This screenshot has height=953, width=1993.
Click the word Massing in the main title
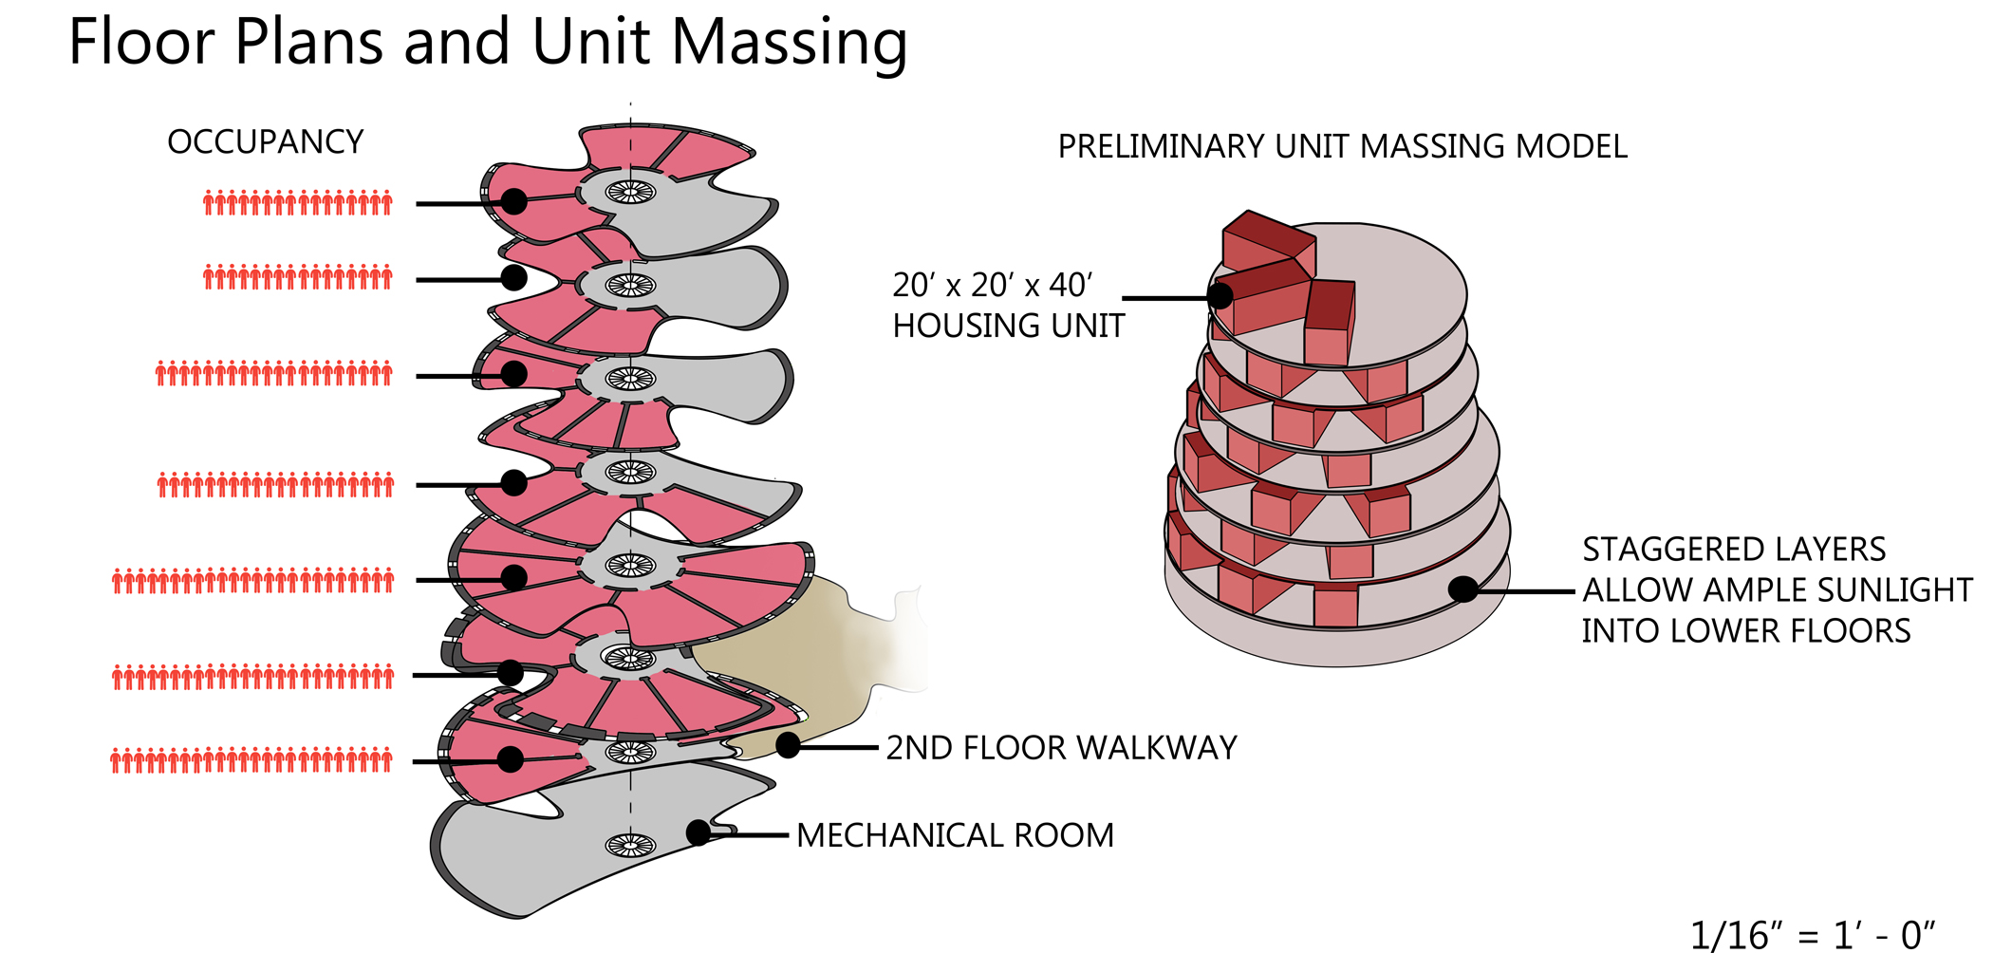click(x=789, y=44)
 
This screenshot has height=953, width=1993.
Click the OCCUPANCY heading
click(x=266, y=142)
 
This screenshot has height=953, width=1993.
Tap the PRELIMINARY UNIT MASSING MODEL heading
click(x=1342, y=147)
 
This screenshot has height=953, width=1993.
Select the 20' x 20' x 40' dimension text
click(x=992, y=285)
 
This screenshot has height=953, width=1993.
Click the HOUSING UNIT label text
click(x=1008, y=327)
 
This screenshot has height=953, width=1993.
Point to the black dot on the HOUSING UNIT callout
click(x=1220, y=296)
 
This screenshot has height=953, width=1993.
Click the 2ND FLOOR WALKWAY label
click(x=1061, y=748)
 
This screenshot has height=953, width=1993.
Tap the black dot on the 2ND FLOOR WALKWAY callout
click(x=788, y=746)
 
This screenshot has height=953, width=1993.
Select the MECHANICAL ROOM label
click(x=955, y=835)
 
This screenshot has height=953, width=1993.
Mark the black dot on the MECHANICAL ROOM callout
click(x=698, y=832)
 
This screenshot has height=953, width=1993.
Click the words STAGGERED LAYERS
click(x=1733, y=550)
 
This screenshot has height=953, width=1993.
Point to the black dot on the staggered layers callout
click(x=1462, y=589)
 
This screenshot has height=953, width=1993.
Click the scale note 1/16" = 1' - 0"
click(x=1812, y=935)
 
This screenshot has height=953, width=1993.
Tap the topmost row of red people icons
click(x=298, y=202)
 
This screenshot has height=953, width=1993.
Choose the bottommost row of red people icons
click(x=251, y=760)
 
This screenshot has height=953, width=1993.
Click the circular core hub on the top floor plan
click(x=630, y=192)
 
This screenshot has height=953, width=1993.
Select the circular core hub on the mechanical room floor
click(x=630, y=844)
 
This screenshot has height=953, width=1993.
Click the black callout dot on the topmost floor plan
click(x=513, y=201)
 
